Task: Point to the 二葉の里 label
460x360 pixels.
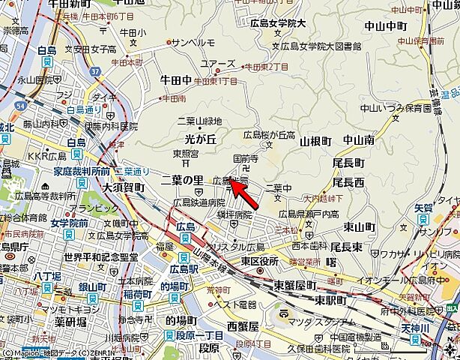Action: click(182, 180)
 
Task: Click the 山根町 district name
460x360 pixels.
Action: click(315, 141)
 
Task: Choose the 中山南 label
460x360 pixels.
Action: click(359, 140)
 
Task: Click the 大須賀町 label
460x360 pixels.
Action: click(124, 187)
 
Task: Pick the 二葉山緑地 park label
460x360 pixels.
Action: click(199, 121)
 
